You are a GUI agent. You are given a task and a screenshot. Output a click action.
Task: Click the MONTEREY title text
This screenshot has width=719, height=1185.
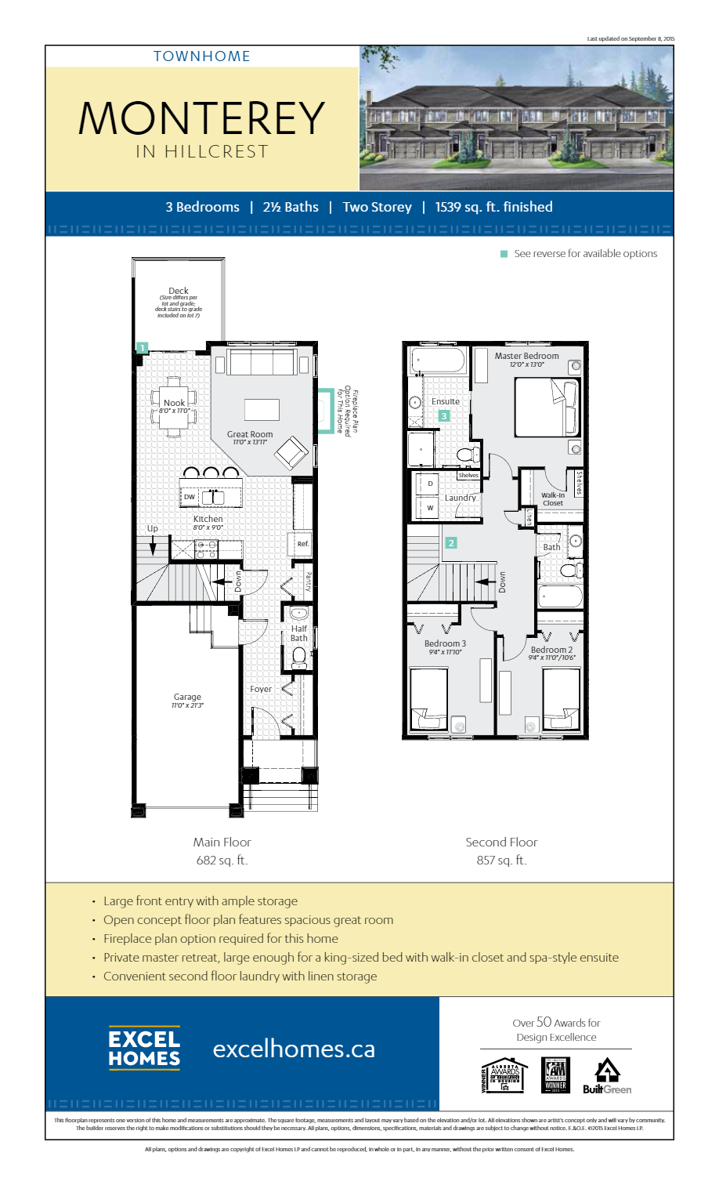(201, 118)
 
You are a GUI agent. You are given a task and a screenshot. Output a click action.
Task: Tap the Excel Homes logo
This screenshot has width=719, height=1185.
(144, 1049)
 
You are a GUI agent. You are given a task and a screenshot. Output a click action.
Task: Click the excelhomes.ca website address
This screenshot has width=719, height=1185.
(294, 1049)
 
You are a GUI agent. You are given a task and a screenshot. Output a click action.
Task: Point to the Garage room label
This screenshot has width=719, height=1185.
(187, 697)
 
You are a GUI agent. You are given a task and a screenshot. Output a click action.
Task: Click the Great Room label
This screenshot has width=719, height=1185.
(250, 434)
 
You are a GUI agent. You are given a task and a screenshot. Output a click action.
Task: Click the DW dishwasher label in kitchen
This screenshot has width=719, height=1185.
(190, 497)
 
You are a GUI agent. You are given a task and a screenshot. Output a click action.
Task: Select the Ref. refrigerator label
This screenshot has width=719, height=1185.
(303, 543)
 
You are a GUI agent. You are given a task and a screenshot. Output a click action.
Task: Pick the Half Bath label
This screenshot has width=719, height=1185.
(299, 633)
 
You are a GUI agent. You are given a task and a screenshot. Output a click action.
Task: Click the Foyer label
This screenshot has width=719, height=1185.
(261, 689)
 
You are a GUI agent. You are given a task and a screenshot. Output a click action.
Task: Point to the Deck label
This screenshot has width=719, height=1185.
(179, 291)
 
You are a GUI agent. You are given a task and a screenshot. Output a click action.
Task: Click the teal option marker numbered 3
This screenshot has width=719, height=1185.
(444, 416)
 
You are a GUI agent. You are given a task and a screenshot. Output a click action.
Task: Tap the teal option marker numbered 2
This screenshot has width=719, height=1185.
(450, 542)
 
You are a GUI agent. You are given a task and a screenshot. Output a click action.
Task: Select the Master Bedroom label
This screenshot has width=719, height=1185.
(526, 356)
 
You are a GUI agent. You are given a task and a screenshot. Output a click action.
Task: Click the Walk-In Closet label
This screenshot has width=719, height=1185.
(553, 499)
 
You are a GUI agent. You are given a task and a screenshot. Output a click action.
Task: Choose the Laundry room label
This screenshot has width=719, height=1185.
(460, 498)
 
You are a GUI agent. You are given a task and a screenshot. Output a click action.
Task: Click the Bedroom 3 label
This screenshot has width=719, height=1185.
(445, 643)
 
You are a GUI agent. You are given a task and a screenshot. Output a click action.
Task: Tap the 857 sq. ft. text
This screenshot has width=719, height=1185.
(501, 861)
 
